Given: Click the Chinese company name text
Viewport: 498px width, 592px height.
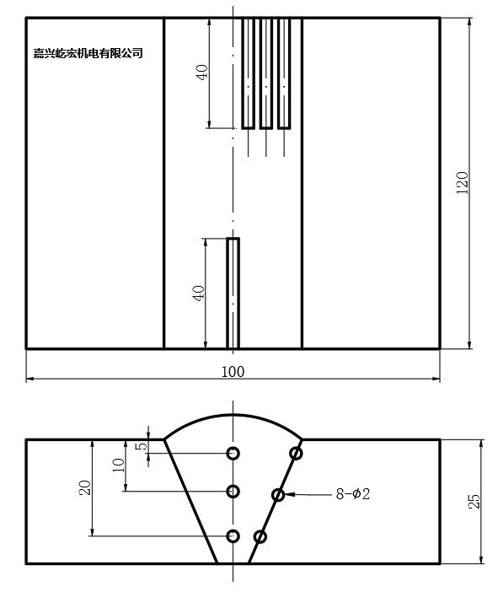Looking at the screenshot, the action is coord(88,53).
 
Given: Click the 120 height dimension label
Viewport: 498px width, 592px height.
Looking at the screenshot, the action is coord(462,183).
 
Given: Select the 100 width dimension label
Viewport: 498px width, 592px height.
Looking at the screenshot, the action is coord(233,372).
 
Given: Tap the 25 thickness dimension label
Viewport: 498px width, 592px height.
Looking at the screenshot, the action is coord(474,502).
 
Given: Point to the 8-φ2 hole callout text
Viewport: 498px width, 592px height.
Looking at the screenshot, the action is coord(353,494).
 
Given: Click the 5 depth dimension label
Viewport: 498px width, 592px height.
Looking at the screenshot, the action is coord(141,446).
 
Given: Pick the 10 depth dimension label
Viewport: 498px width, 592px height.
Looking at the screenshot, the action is coord(118,466).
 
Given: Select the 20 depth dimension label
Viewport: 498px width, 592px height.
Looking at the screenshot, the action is coord(84,487).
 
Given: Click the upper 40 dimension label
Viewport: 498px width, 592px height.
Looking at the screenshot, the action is coord(201,73).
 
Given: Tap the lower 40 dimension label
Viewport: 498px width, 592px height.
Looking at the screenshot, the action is coord(199,293).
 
